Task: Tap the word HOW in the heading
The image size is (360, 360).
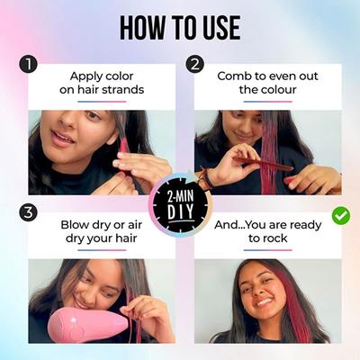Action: click(142, 28)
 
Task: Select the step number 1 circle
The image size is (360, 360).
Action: click(28, 65)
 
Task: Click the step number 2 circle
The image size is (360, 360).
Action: click(195, 65)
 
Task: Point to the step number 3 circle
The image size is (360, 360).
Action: click(28, 212)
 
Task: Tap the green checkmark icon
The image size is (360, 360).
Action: click(341, 215)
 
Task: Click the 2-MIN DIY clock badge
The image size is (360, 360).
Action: click(181, 205)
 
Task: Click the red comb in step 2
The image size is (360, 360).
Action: click(263, 164)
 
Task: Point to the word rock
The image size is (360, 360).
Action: click(274, 238)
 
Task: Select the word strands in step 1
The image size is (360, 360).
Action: click(123, 89)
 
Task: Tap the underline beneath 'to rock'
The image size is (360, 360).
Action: click(268, 250)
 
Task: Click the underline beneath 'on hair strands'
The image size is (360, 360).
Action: click(102, 102)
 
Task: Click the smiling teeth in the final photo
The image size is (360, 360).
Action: click(265, 301)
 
